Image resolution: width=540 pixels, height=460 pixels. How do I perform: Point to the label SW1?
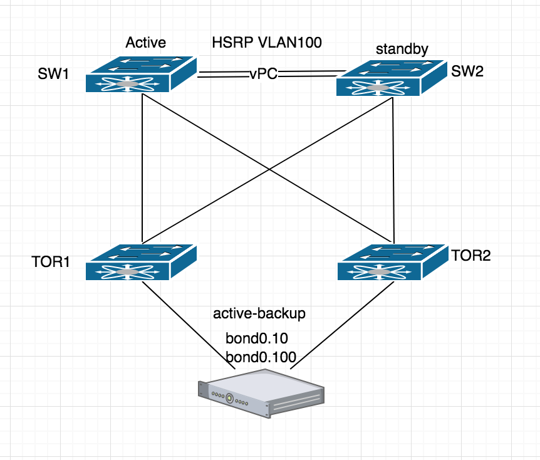pos(53,76)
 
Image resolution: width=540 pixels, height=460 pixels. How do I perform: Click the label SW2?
pos(467,71)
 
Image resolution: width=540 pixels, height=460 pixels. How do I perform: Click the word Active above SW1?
pos(145,43)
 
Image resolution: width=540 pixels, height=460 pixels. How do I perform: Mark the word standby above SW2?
pos(401,49)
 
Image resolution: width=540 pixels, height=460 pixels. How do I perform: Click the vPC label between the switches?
pos(262,75)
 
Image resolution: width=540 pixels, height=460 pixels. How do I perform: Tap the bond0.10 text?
pos(256,339)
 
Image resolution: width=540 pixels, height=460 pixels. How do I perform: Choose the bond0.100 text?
pos(261,357)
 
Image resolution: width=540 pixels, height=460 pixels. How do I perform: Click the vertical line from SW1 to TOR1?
pos(143,169)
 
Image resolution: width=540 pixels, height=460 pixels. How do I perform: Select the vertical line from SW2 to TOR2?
pos(393,169)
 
